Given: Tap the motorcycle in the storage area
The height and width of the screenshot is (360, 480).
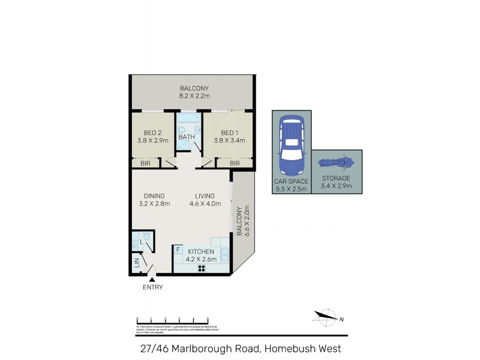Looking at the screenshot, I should click(337, 163).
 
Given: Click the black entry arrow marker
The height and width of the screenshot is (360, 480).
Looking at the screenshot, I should click(152, 278).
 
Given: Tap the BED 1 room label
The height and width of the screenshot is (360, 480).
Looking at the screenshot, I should click(229, 133).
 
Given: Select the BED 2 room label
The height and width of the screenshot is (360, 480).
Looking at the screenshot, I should click(153, 133).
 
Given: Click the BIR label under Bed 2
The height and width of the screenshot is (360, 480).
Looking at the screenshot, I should click(145, 163).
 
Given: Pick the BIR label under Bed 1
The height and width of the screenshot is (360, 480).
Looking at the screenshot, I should click(234, 163).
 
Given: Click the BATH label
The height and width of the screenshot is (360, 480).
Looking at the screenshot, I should click(187, 137).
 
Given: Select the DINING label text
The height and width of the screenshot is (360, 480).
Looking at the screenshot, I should click(154, 196).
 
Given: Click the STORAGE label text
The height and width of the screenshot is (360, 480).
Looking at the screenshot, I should click(336, 178).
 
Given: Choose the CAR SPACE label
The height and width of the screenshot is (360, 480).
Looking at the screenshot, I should click(292, 181).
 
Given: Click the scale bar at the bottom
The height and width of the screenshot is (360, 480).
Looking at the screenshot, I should click(172, 320).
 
